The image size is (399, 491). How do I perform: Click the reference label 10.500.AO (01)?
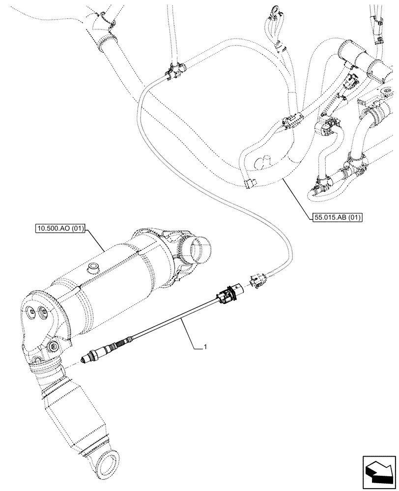click(59, 229)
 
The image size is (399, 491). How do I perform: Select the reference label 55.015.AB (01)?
click(337, 217)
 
